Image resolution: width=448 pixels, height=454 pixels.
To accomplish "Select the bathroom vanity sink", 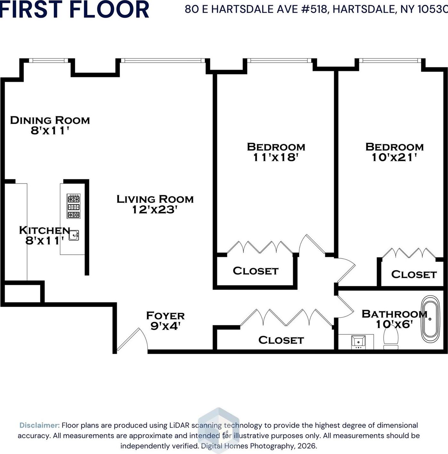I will [358, 341].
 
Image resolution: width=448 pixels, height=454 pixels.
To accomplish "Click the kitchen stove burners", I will [73, 206].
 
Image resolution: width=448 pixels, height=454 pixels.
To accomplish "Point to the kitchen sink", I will [74, 235].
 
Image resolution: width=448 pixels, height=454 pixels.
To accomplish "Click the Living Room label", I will [155, 199].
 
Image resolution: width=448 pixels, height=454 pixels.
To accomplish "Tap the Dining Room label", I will [50, 120].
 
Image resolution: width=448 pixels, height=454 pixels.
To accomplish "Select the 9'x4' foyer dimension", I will [166, 326].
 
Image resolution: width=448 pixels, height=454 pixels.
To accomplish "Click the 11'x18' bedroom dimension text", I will [276, 157].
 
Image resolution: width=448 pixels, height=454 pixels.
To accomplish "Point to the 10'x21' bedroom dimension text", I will [394, 157].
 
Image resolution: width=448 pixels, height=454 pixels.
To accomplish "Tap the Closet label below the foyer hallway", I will [281, 340].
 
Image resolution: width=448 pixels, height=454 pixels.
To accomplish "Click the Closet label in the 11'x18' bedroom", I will [256, 271].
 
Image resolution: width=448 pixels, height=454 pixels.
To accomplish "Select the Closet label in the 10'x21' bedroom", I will [414, 274].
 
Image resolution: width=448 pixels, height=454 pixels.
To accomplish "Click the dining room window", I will [48, 60].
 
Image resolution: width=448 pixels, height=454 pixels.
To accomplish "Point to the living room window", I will [163, 60].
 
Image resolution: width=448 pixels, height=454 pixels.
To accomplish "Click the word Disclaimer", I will [39, 425].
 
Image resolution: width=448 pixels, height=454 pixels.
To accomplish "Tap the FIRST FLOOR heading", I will [74, 9].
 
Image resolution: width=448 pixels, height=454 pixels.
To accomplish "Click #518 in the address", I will [315, 9].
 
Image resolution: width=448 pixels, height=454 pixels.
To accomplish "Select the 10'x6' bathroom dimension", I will [394, 324].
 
